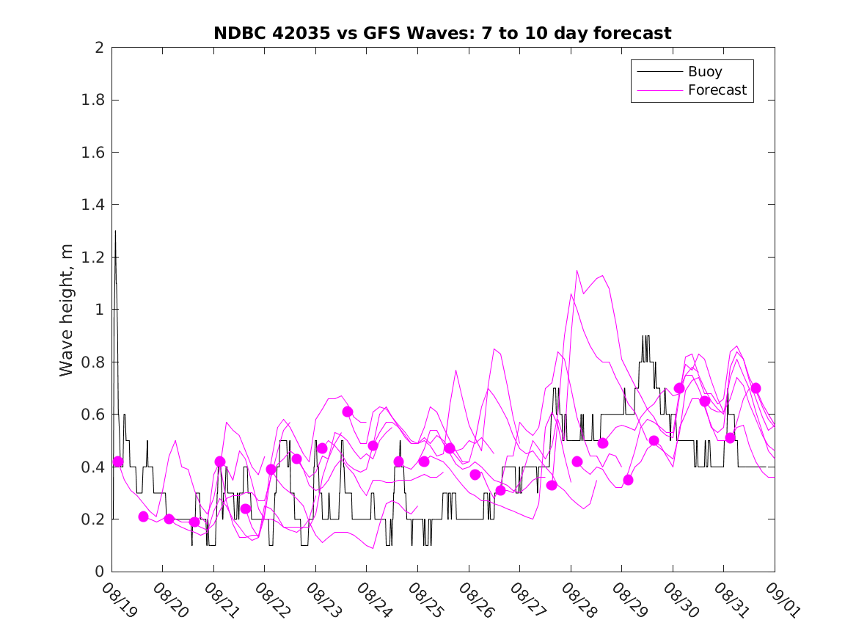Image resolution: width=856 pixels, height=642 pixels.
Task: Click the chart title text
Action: [x=442, y=33]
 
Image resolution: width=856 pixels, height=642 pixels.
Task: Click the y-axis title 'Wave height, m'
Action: [x=67, y=309]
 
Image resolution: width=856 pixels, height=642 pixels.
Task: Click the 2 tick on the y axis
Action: [x=98, y=48]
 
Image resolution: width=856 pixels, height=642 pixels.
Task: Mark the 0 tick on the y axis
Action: [x=98, y=572]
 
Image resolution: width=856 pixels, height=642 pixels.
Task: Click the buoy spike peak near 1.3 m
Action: [x=115, y=231]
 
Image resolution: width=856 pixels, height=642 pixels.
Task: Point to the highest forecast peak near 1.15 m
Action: [x=577, y=270]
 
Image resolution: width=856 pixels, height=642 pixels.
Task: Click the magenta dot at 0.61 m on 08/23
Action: [x=348, y=412]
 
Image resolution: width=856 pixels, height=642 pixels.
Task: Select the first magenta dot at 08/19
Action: [x=118, y=462]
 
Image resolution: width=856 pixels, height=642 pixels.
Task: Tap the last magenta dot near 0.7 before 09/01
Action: [x=756, y=388]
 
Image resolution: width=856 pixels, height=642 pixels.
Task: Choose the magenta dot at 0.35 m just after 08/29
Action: [x=628, y=480]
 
